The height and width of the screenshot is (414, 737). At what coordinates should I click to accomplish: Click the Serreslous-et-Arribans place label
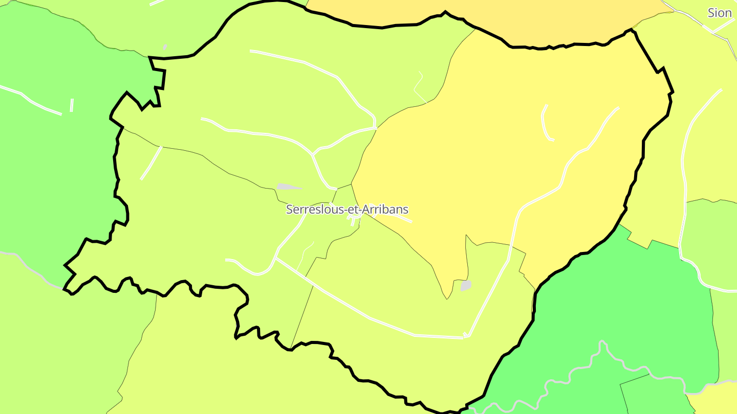(347, 210)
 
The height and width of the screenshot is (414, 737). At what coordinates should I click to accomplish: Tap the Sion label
(720, 13)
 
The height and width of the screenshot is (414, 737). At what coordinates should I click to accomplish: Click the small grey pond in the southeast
(466, 285)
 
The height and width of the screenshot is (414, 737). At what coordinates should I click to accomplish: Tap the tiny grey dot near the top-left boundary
(165, 47)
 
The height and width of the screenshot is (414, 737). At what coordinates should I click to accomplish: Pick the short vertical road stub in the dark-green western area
(72, 105)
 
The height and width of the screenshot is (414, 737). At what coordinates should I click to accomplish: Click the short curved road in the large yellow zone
(546, 123)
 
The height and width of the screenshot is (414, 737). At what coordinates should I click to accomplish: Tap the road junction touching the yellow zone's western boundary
(376, 128)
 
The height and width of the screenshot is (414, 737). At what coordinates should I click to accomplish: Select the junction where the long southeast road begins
(276, 259)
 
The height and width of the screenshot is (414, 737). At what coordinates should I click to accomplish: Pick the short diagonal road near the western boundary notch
(151, 163)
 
